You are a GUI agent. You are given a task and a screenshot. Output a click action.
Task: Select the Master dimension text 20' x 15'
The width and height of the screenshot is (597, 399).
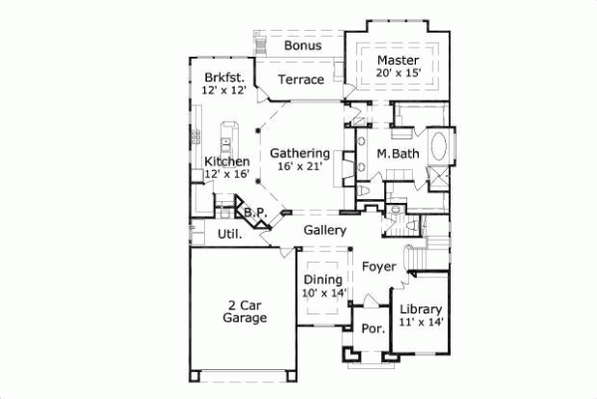pos(399,72)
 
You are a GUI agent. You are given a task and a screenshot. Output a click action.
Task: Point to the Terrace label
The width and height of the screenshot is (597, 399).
pos(300,80)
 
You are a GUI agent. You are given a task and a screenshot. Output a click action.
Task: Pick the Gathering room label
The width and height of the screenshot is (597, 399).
pos(300,153)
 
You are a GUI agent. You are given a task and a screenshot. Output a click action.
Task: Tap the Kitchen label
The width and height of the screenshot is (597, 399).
pos(226,161)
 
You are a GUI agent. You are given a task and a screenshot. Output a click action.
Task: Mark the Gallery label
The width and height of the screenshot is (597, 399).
pos(324,230)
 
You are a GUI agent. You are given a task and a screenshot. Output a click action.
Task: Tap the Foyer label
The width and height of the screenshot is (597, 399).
pos(378,267)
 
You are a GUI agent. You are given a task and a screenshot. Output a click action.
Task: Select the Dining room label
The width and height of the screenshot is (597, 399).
pos(322,280)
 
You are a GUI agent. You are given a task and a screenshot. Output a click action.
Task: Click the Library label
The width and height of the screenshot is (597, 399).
pos(420,309)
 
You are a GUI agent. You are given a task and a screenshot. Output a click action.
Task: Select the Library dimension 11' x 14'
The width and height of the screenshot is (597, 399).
pos(420,322)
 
